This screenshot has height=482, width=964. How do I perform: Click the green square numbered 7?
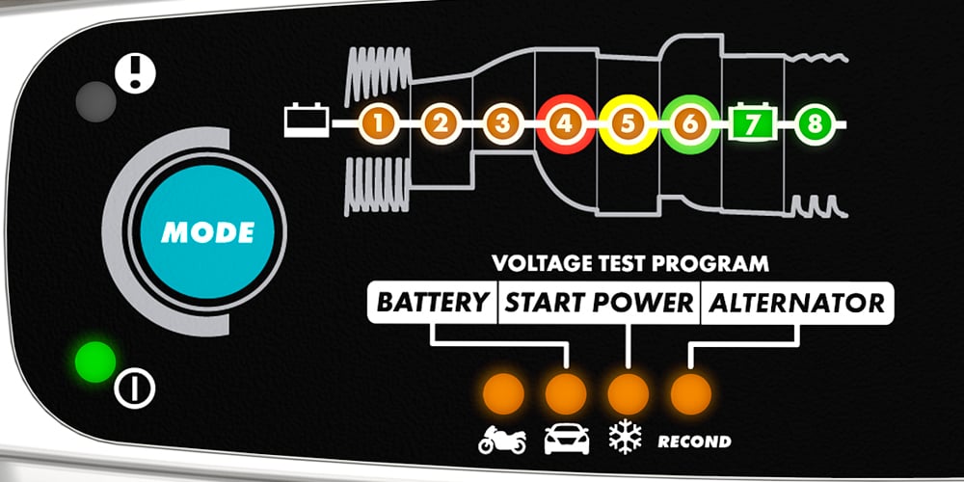point(752,123)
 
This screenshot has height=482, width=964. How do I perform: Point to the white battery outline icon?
point(308,123)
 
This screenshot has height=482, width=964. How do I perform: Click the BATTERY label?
point(432,303)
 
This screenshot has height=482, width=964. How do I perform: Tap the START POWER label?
point(600,303)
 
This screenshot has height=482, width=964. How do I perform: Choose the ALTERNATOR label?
point(796,303)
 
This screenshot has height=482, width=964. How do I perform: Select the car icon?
point(566,441)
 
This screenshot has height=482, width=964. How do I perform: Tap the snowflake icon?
point(627,439)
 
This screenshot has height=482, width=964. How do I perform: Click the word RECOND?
point(693,442)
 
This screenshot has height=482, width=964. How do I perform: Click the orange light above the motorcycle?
point(503,392)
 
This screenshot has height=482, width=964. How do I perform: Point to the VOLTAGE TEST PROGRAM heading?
point(630,262)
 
